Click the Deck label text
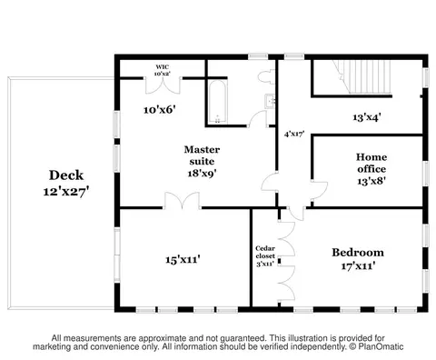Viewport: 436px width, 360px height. [66, 175]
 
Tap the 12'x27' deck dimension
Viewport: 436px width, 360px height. [66, 192]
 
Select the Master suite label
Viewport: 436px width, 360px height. [202, 155]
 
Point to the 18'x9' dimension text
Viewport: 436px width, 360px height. [202, 174]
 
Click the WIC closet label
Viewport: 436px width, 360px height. [163, 67]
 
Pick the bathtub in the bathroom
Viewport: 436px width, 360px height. [217, 102]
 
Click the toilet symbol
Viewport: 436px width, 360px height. [267, 75]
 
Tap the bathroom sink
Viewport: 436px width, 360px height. [270, 101]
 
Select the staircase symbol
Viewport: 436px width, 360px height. [362, 76]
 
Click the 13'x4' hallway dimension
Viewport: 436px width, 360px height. [367, 117]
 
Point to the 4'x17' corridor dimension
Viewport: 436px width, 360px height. [294, 134]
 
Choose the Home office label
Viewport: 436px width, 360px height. [372, 163]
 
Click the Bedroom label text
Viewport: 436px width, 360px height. [358, 253]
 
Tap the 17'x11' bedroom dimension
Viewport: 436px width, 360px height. [359, 266]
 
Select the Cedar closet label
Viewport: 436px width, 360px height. [265, 253]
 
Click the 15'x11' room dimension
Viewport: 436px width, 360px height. [183, 260]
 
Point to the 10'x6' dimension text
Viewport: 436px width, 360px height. [160, 110]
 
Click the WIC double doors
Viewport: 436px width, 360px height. [163, 85]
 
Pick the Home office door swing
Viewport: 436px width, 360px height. [320, 190]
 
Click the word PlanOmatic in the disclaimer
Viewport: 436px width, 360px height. [381, 346]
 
